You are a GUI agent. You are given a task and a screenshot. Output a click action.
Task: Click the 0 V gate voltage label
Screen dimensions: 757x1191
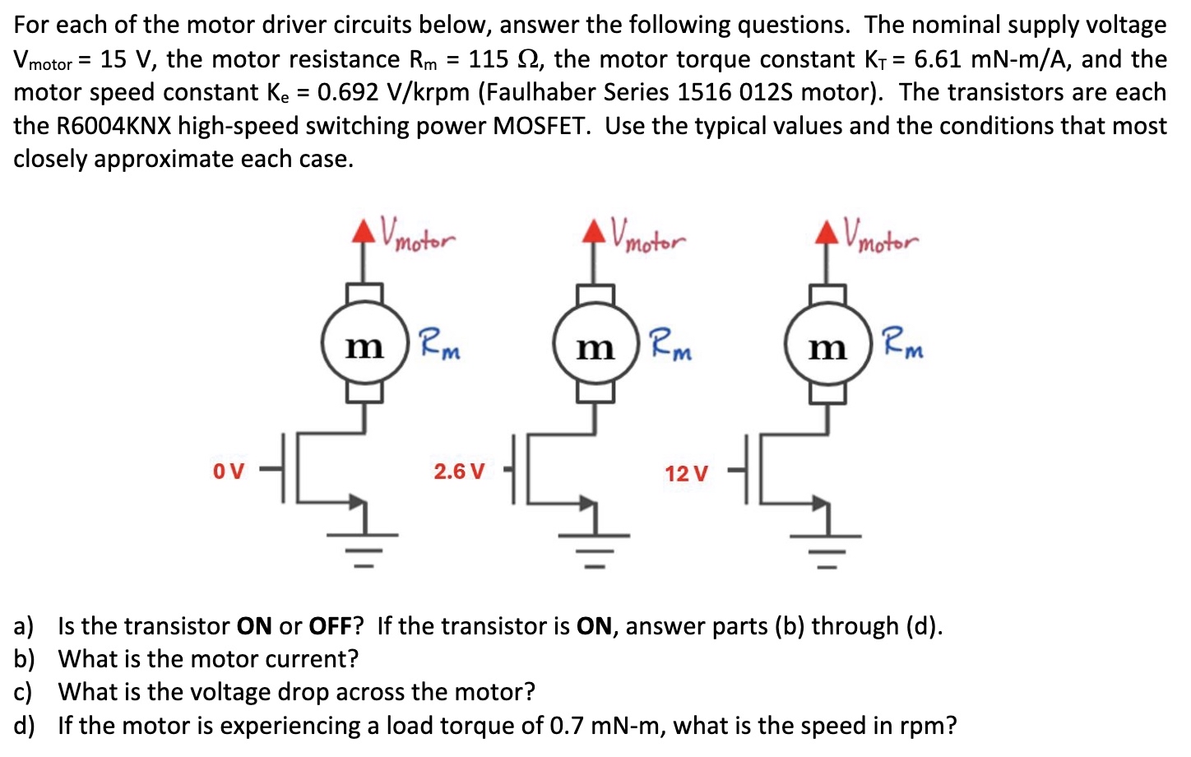point(229,471)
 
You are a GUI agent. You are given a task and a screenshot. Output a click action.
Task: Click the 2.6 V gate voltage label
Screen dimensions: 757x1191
point(459,471)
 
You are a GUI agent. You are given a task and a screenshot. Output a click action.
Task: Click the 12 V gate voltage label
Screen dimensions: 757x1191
point(686,474)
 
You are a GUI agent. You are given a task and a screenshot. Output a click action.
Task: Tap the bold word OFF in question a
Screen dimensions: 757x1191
point(330,626)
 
